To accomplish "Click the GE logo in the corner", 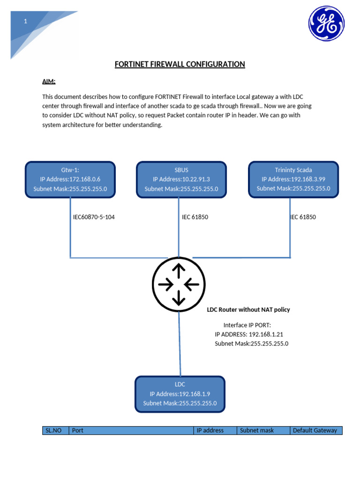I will (x=326, y=23).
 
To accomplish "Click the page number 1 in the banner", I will (x=26, y=21).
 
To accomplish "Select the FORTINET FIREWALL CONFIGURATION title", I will (x=180, y=64).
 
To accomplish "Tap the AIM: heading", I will (x=49, y=82).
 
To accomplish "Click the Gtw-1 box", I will (x=70, y=179).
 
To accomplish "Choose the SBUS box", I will (x=181, y=179).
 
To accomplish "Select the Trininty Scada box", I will (x=293, y=179).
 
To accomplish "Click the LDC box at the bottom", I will (x=180, y=394).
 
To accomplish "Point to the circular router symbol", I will (x=179, y=284).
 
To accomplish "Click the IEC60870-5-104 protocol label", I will (x=94, y=217).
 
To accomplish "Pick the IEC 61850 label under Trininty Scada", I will (x=303, y=217).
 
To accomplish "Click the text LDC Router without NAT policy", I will (x=248, y=309).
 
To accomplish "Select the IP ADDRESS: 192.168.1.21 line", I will (x=249, y=334).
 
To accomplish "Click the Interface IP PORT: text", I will (x=247, y=325).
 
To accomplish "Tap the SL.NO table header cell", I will (x=55, y=430).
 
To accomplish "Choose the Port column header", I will (x=131, y=430).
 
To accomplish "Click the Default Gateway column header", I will (x=315, y=430).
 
